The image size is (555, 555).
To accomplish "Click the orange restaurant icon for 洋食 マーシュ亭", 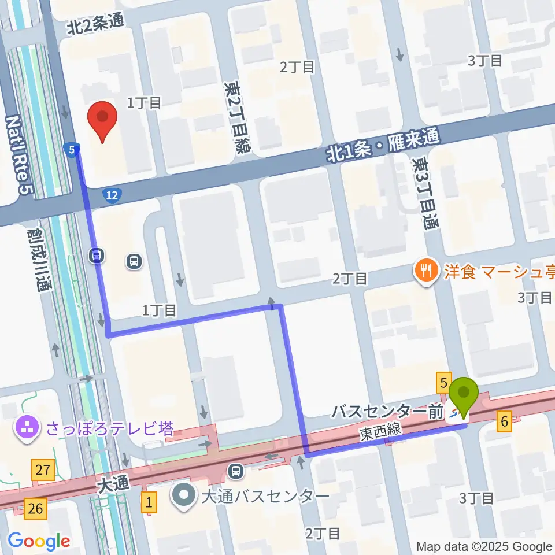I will pos(426,270).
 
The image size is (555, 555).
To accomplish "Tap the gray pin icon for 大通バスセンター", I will pos(184,496).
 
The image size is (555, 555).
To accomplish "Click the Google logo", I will pos(39,541).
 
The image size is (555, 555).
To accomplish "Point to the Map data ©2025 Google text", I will pos(484,546).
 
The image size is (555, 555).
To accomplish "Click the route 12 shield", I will pos(113,197).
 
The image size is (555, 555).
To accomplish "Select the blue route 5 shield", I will pos(71,150).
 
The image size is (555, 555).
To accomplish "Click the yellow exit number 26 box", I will pos(36,509).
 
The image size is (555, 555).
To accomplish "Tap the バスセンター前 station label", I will pos(387,412).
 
